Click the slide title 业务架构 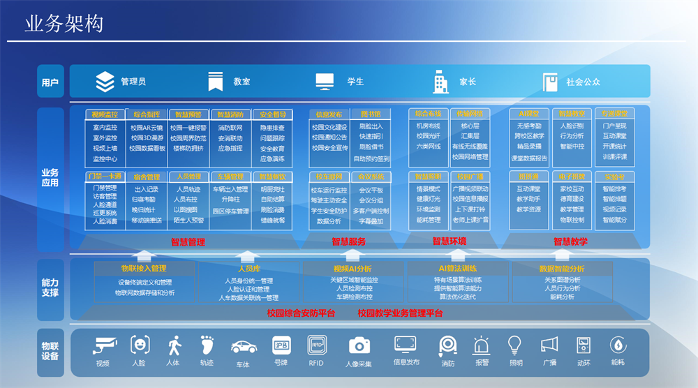click(64, 24)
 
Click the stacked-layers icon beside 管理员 click(105, 82)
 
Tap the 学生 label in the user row click(355, 82)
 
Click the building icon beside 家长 click(440, 82)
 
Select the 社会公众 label click(583, 82)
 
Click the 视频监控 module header click(105, 114)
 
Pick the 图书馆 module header click(371, 114)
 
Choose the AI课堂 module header click(528, 113)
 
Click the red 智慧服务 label click(348, 242)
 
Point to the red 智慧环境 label click(449, 241)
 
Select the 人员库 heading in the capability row click(249, 268)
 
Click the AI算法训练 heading click(457, 268)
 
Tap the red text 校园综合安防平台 click(302, 313)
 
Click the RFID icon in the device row click(316, 345)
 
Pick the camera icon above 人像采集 click(359, 345)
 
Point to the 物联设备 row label click(50, 351)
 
